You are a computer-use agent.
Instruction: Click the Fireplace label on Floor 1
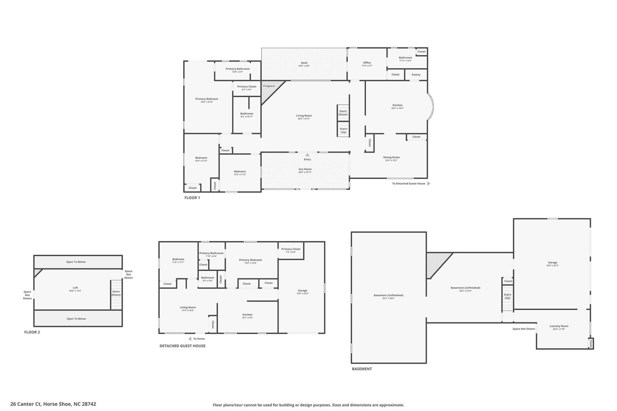[x=269, y=86]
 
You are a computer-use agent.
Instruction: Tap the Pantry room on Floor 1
[x=416, y=74]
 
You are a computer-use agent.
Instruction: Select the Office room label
[x=367, y=63]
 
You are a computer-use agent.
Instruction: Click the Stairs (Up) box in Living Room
[x=343, y=130]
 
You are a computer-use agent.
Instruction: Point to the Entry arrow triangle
[x=307, y=155]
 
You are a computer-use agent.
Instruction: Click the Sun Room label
[x=305, y=169]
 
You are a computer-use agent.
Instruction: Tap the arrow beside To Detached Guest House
[x=428, y=184]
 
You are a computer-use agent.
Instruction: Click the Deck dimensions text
[x=304, y=66]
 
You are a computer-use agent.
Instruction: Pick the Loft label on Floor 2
[x=75, y=288]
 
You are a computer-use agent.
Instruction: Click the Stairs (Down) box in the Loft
[x=116, y=293]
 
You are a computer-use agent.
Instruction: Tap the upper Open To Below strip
[x=76, y=262]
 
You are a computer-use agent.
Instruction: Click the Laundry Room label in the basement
[x=559, y=326]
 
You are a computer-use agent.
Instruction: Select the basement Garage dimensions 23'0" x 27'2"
[x=553, y=266]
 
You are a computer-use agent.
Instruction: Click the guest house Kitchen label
[x=247, y=315]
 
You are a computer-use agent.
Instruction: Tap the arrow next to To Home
[x=190, y=339]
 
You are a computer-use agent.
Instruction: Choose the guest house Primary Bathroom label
[x=211, y=253]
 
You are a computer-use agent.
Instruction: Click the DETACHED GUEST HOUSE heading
[x=183, y=346]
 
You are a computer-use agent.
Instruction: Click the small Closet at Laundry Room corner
[x=591, y=344]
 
